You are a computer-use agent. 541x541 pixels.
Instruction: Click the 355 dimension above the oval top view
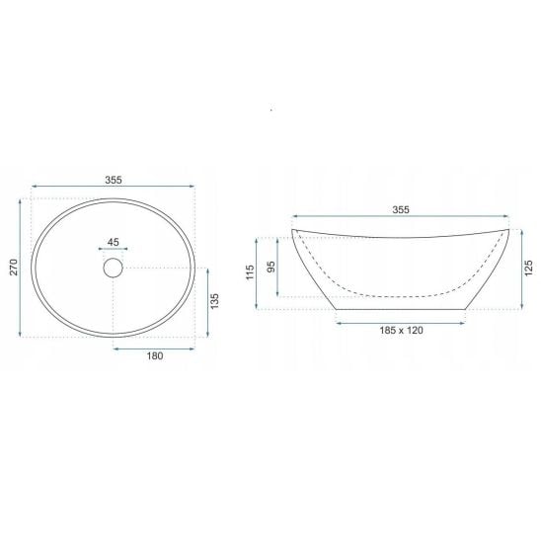tap(114, 180)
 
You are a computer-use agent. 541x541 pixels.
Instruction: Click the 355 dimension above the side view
tap(401, 209)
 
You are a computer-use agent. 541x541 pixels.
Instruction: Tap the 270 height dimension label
tap(14, 267)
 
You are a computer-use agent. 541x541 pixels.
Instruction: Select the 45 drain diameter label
tap(113, 242)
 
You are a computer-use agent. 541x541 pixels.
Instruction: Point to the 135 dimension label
tap(214, 301)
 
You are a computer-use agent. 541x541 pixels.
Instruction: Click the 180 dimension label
tap(155, 355)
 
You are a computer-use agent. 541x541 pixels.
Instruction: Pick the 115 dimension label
tap(250, 272)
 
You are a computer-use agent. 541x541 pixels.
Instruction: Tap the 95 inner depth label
tap(271, 267)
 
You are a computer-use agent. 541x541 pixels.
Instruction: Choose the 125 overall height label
tap(528, 269)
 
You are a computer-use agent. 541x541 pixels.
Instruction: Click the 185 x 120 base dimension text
tap(401, 330)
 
